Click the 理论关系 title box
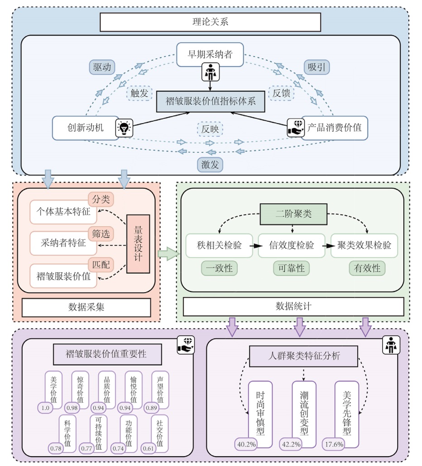point(210,22)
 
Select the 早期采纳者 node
point(210,55)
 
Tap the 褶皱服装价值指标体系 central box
point(210,101)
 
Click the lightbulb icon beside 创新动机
point(125,128)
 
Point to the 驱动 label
point(101,67)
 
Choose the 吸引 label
point(316,67)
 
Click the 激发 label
point(210,164)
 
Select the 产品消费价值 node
point(335,128)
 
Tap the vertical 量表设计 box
point(138,244)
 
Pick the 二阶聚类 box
point(293,214)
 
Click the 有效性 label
point(367,268)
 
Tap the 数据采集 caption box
point(86,307)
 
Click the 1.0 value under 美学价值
point(46,408)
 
